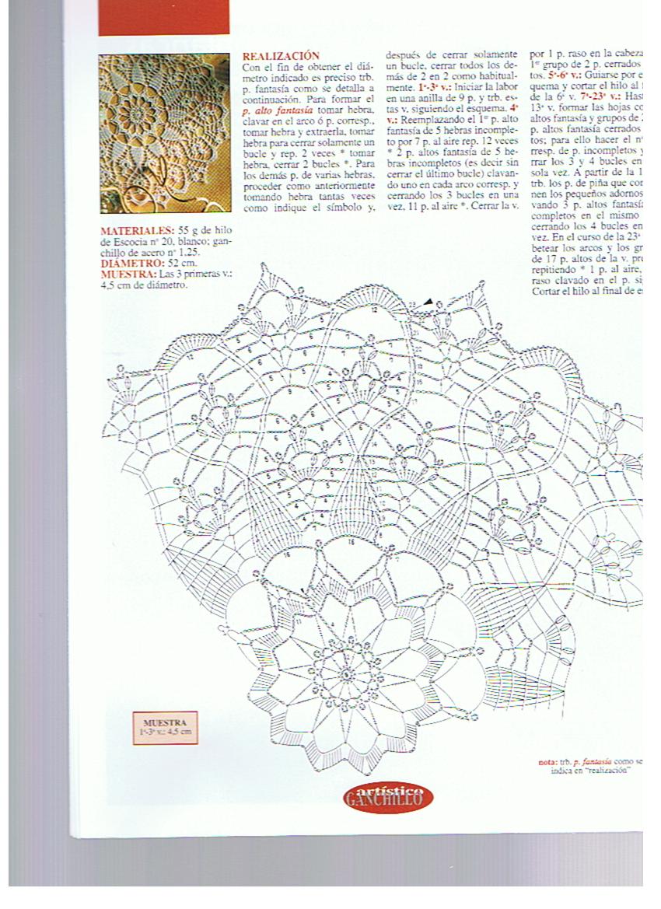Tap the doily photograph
tap(164, 133)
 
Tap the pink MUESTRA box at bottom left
tap(165, 728)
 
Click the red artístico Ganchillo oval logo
tap(387, 795)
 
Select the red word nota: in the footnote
tap(547, 762)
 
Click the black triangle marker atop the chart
tap(428, 302)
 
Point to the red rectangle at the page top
tap(164, 16)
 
